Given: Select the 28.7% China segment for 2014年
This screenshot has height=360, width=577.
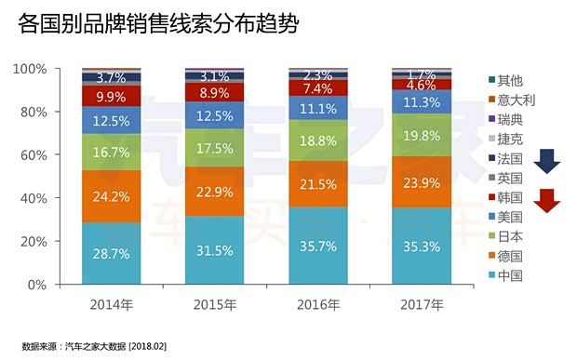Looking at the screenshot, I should point(111,254).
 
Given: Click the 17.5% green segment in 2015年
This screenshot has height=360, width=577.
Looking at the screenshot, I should point(214,148).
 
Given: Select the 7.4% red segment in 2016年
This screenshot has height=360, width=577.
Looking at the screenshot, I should point(318,87).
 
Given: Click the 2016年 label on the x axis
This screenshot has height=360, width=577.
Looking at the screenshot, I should point(318,304).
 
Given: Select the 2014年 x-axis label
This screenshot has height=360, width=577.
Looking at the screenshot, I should point(111,304).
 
